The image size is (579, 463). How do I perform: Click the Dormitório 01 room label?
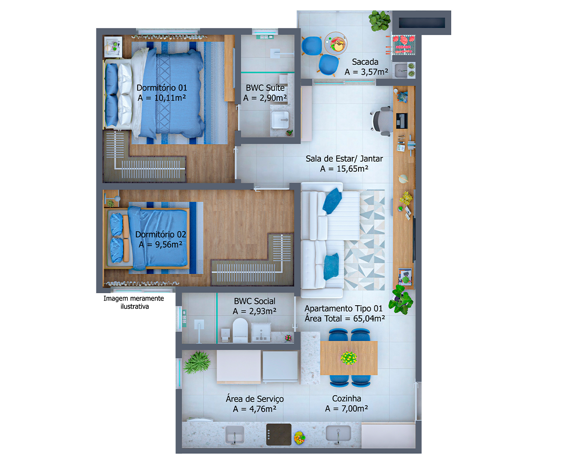162,88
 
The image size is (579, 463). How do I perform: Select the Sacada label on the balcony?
365,62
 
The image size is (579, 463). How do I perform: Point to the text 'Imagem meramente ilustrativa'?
134,302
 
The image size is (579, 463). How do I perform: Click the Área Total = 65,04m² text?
345,319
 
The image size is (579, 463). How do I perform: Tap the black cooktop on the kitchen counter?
279,434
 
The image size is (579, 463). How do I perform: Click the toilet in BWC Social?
240,331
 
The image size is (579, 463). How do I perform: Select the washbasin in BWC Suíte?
280,120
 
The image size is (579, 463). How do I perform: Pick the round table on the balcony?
336,43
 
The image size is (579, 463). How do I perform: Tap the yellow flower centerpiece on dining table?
349,358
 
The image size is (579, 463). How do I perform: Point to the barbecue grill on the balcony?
403,45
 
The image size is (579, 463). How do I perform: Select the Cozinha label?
347,398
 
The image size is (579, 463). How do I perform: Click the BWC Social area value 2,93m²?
254,311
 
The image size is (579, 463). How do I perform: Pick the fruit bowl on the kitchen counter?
299,438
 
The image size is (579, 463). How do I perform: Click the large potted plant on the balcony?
380,21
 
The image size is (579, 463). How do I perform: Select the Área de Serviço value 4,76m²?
254,409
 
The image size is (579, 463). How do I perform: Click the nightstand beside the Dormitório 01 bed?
113,47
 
